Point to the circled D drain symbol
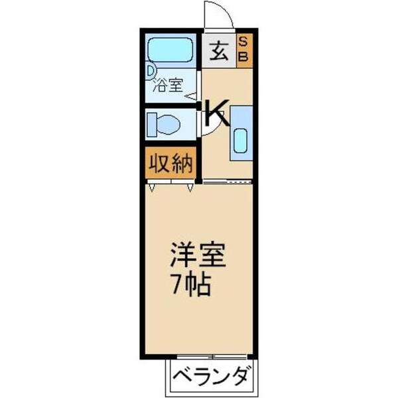(x=151, y=68)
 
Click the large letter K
(x=216, y=113)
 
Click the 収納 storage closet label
(x=169, y=164)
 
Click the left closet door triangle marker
(x=153, y=188)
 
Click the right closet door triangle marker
(x=191, y=188)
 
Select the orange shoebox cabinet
(x=242, y=50)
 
